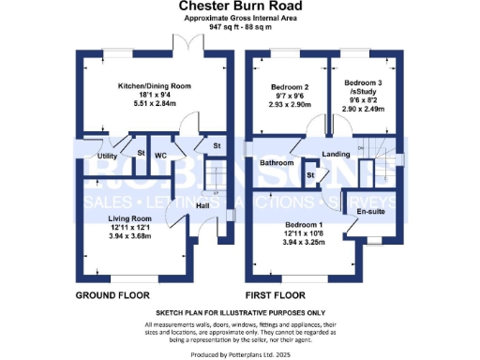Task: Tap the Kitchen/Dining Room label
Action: [x=154, y=86]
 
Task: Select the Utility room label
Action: [x=107, y=156]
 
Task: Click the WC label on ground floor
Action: [x=160, y=155]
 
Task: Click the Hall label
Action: [x=202, y=205]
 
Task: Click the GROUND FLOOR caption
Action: [x=109, y=295]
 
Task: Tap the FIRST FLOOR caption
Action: [x=277, y=295]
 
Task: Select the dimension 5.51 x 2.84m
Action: [x=154, y=104]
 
